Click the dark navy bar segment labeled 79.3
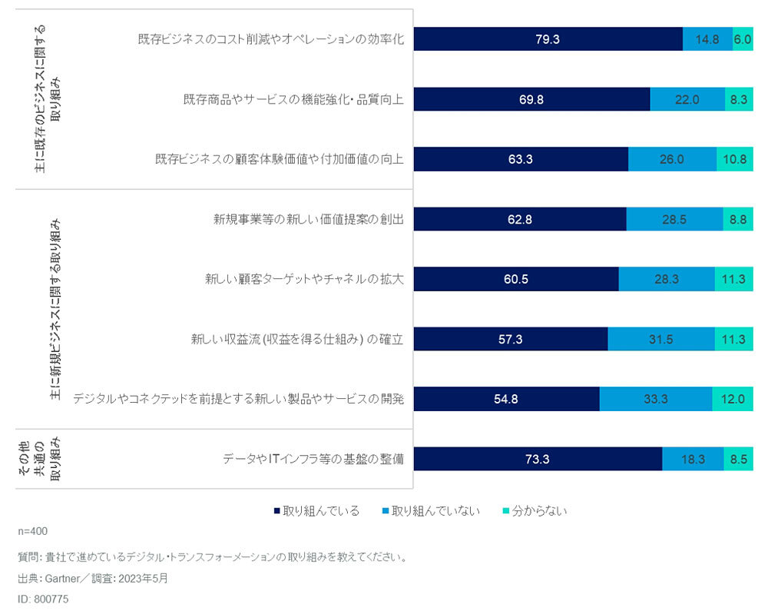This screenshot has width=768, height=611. coord(548,39)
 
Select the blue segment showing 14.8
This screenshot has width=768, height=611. coord(707,39)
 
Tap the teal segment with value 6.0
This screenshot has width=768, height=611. coord(743,39)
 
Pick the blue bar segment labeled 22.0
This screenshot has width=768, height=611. coord(687,99)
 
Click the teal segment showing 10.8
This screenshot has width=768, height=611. coord(735,159)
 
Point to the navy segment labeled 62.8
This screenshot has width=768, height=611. coord(520,219)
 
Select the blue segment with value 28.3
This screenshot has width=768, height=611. coord(666,279)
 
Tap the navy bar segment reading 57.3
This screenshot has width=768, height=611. coord(511,339)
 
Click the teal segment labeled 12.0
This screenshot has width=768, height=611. coord(733,399)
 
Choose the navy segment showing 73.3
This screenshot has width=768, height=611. coord(538,459)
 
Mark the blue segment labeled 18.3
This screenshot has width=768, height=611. coord(693,459)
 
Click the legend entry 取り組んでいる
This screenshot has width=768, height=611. coord(316,510)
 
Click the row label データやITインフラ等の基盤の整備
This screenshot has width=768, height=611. coord(313,459)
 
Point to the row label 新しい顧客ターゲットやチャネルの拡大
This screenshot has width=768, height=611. coord(304,279)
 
